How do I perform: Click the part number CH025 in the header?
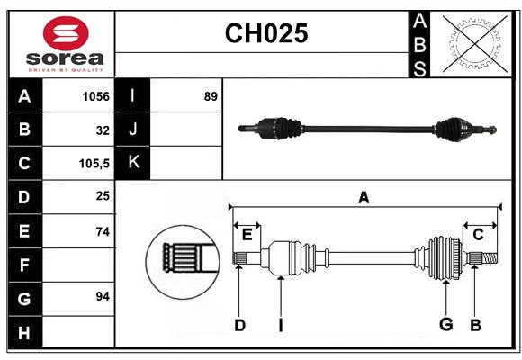(265, 34)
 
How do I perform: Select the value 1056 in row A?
(95, 96)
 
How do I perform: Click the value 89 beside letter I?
(211, 96)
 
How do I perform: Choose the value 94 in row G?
(102, 296)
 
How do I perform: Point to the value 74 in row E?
(102, 231)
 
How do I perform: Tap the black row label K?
(133, 163)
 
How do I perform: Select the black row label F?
(24, 265)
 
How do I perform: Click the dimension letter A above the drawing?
(364, 197)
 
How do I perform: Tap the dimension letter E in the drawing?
(247, 235)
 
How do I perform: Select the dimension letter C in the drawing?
(478, 235)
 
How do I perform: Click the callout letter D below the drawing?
(239, 326)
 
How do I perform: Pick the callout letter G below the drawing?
(445, 326)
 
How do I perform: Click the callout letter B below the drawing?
(476, 326)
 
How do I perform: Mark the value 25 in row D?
(102, 195)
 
